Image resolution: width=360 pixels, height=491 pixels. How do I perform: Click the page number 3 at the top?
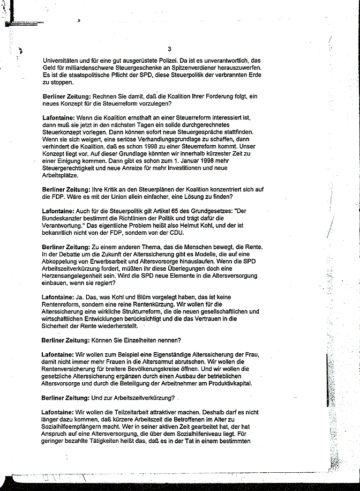[x=169, y=49]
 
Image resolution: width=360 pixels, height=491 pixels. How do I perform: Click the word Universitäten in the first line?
[x=61, y=61]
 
